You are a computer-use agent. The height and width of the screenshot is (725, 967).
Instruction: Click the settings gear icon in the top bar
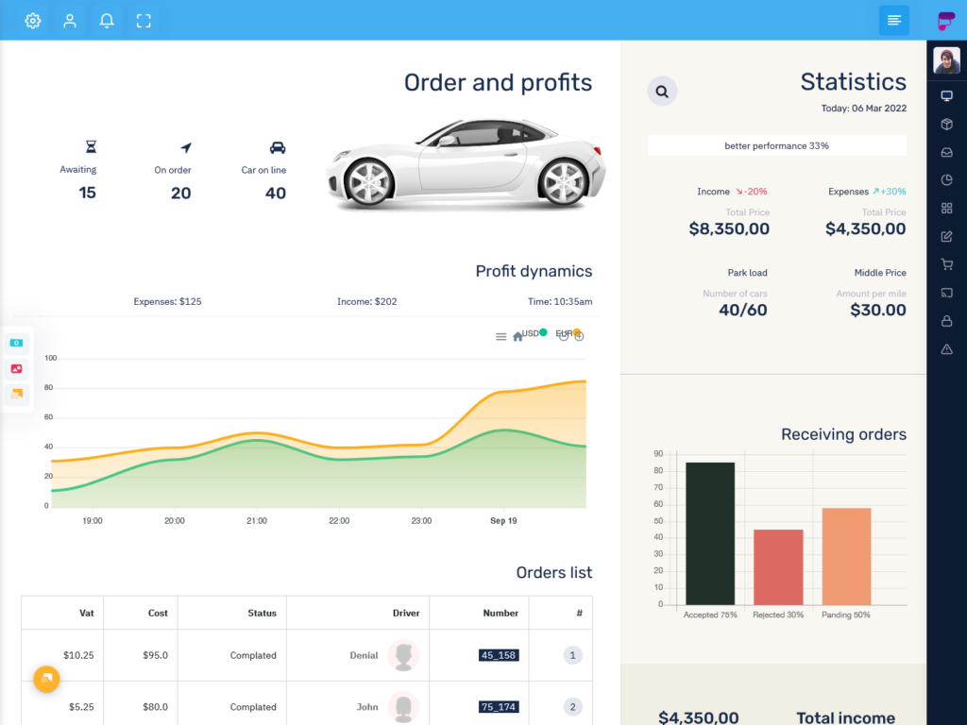[x=33, y=21]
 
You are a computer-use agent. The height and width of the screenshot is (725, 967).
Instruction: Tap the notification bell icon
[x=107, y=21]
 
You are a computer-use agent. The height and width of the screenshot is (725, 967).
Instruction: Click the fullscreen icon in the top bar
[x=144, y=21]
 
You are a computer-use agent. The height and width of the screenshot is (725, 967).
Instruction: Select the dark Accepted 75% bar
[x=710, y=533]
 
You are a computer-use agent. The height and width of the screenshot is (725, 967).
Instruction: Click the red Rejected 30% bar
[x=778, y=566]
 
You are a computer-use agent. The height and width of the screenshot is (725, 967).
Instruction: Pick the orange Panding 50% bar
[x=846, y=556]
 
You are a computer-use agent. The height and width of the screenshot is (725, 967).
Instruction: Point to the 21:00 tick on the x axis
[x=257, y=520]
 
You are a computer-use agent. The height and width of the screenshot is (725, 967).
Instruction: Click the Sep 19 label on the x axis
[x=503, y=520]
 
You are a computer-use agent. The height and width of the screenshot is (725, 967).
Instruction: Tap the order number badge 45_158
[x=499, y=655]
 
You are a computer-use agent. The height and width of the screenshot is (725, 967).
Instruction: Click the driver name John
[x=367, y=707]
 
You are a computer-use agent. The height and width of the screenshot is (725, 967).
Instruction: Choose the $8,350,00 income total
[x=729, y=228]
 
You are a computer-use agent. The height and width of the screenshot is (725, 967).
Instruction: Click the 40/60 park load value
[x=742, y=310]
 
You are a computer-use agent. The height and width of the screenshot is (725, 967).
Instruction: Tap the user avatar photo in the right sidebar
[x=946, y=60]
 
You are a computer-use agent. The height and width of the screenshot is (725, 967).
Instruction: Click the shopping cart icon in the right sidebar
[x=946, y=265]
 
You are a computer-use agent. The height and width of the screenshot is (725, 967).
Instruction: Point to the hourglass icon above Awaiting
[x=91, y=147]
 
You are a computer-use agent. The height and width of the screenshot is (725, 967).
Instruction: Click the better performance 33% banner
[x=776, y=145]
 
